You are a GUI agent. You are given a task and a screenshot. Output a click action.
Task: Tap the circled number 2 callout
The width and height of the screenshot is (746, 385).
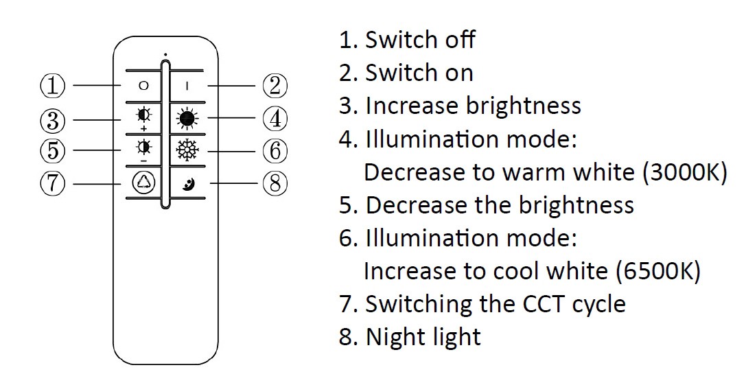pyautogui.click(x=275, y=86)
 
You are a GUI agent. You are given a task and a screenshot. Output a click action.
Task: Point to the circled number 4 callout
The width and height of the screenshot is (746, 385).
pyautogui.click(x=275, y=119)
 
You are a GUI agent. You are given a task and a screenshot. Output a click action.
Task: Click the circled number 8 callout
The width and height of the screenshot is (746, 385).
pyautogui.click(x=275, y=183)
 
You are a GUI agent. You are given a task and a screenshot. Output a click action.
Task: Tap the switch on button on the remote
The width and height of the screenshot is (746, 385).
pyautogui.click(x=187, y=86)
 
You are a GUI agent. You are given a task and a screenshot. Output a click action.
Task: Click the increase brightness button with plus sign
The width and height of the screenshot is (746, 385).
pyautogui.click(x=143, y=117)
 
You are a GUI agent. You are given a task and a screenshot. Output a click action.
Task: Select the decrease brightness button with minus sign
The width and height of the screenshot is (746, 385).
pyautogui.click(x=143, y=149)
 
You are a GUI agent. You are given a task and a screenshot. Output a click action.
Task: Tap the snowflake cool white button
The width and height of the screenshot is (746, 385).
pyautogui.click(x=187, y=150)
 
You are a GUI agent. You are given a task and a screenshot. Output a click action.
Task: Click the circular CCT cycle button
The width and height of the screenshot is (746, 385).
pyautogui.click(x=143, y=183)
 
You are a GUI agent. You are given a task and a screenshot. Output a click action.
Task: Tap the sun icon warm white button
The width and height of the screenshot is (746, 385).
pyautogui.click(x=187, y=118)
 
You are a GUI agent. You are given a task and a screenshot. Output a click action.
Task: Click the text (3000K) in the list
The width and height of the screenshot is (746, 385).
pyautogui.click(x=684, y=172)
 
